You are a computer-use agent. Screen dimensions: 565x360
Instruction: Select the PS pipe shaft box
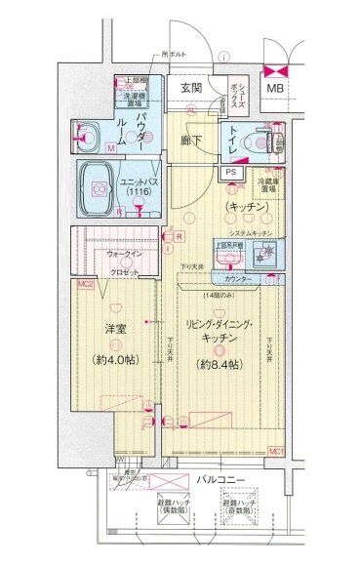coord(230,173)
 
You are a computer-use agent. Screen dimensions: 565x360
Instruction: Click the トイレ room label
coord(234,141)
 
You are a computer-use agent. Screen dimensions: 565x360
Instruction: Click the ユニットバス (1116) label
coord(135,187)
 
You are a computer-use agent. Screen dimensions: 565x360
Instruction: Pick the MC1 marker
coord(276,451)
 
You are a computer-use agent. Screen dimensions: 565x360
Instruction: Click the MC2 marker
coord(85,284)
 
